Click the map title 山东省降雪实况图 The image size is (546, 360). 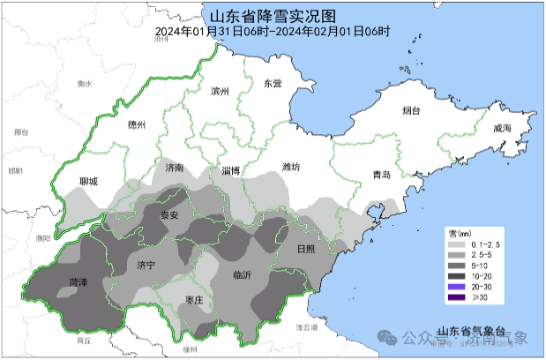[273, 15]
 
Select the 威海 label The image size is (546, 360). [502, 129]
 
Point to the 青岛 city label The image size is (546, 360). [381, 175]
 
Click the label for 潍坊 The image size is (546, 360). [291, 167]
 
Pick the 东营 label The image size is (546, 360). [273, 84]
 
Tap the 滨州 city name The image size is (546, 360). [220, 92]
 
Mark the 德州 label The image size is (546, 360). [137, 124]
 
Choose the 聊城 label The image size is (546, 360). [88, 182]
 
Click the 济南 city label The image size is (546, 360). [173, 167]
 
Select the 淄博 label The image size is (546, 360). [231, 170]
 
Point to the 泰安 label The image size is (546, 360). [168, 215]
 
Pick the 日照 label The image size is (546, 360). [305, 250]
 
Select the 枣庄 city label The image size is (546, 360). [194, 301]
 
